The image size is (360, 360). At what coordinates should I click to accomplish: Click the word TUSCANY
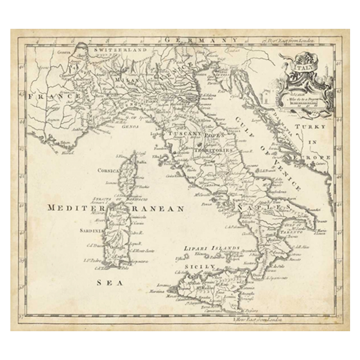[184, 134]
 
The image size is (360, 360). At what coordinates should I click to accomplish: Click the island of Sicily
[211, 288]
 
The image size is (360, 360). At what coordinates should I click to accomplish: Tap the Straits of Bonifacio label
[108, 198]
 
